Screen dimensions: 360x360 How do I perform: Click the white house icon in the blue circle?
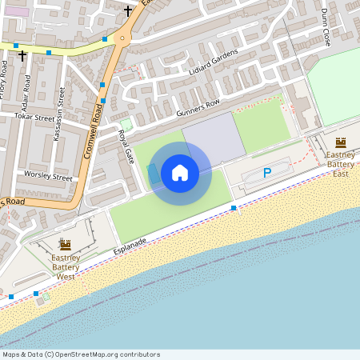click(180, 173)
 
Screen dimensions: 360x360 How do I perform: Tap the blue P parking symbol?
click(267, 172)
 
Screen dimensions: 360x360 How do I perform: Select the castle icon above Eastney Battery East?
click(341, 142)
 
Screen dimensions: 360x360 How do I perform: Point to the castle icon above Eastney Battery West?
click(66, 245)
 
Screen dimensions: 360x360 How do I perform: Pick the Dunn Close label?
click(326, 27)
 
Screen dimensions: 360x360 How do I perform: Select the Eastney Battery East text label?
click(341, 164)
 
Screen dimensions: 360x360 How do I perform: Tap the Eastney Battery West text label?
click(66, 266)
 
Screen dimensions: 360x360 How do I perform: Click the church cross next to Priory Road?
click(22, 56)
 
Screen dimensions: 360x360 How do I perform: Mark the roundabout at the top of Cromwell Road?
click(122, 38)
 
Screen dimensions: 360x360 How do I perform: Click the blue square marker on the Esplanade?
click(234, 208)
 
